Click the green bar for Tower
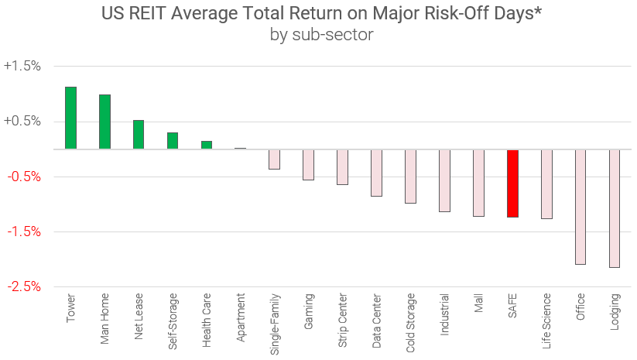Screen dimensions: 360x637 tap(70, 118)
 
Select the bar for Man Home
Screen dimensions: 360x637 tap(104, 122)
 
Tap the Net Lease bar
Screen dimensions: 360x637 tap(139, 135)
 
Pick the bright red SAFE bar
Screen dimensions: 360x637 tap(512, 183)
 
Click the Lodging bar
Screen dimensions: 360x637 tap(615, 208)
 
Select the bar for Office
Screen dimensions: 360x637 tap(580, 207)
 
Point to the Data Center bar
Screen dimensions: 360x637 tap(376, 173)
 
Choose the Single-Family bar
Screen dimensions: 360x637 tap(274, 159)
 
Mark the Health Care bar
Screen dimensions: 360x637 tap(207, 145)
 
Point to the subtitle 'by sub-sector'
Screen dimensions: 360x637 tap(321, 35)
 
